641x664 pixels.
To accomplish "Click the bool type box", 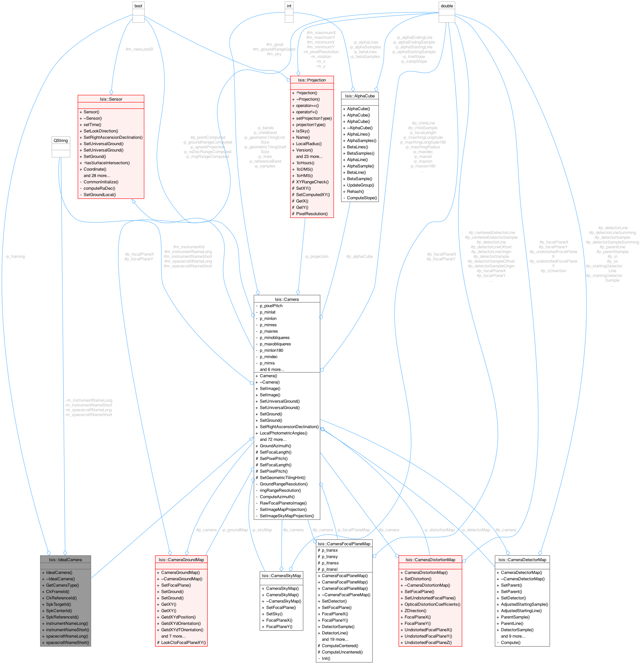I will (x=138, y=6).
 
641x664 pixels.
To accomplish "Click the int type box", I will (x=289, y=6).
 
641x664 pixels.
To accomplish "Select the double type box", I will (x=446, y=6).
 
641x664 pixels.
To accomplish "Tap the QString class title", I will (x=61, y=141).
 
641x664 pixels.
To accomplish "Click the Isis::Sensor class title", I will (x=111, y=99).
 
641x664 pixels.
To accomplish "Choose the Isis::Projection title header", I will (x=311, y=80).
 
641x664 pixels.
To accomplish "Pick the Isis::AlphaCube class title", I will (x=359, y=96).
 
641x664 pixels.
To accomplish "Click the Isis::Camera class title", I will (x=287, y=300).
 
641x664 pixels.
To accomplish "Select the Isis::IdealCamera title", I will (x=65, y=560).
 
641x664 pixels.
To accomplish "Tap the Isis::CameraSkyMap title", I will (x=281, y=576).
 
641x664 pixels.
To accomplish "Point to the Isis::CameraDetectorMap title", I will (x=522, y=560).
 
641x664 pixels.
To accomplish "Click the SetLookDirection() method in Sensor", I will (x=101, y=131).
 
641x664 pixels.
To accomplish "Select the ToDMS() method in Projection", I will (x=304, y=169).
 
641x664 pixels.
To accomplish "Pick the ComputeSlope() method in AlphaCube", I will (x=362, y=198).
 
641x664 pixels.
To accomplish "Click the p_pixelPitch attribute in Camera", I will (x=271, y=306).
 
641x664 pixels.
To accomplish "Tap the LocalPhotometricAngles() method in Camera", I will (x=283, y=433).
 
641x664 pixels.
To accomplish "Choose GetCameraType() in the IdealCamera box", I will (x=62, y=585).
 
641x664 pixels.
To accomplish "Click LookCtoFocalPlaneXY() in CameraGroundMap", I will (x=183, y=643).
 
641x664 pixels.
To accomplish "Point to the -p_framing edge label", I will (x=15, y=257).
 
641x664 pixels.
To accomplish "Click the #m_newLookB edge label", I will (x=139, y=49).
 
